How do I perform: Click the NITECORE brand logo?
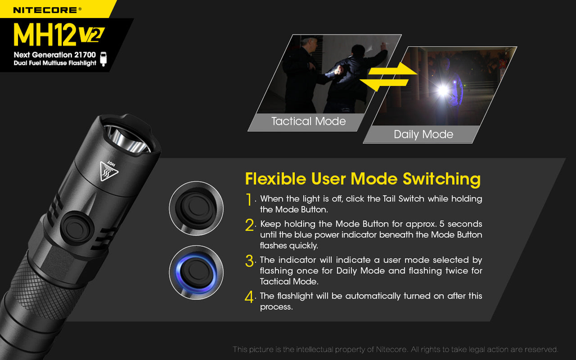tap(47, 10)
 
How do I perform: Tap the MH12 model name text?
tap(45, 35)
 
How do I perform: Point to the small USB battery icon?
tap(103, 58)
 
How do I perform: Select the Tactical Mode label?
tap(308, 121)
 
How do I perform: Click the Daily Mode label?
tap(423, 134)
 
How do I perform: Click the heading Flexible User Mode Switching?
tap(363, 179)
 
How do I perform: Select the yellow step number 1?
tap(249, 200)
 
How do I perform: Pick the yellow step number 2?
tap(250, 225)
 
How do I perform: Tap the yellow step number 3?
tap(250, 261)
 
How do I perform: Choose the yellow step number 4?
tap(250, 296)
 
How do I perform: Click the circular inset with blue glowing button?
tap(196, 272)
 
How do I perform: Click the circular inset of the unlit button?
tap(196, 208)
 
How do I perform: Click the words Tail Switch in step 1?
tap(403, 199)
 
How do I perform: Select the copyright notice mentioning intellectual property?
tap(395, 349)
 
